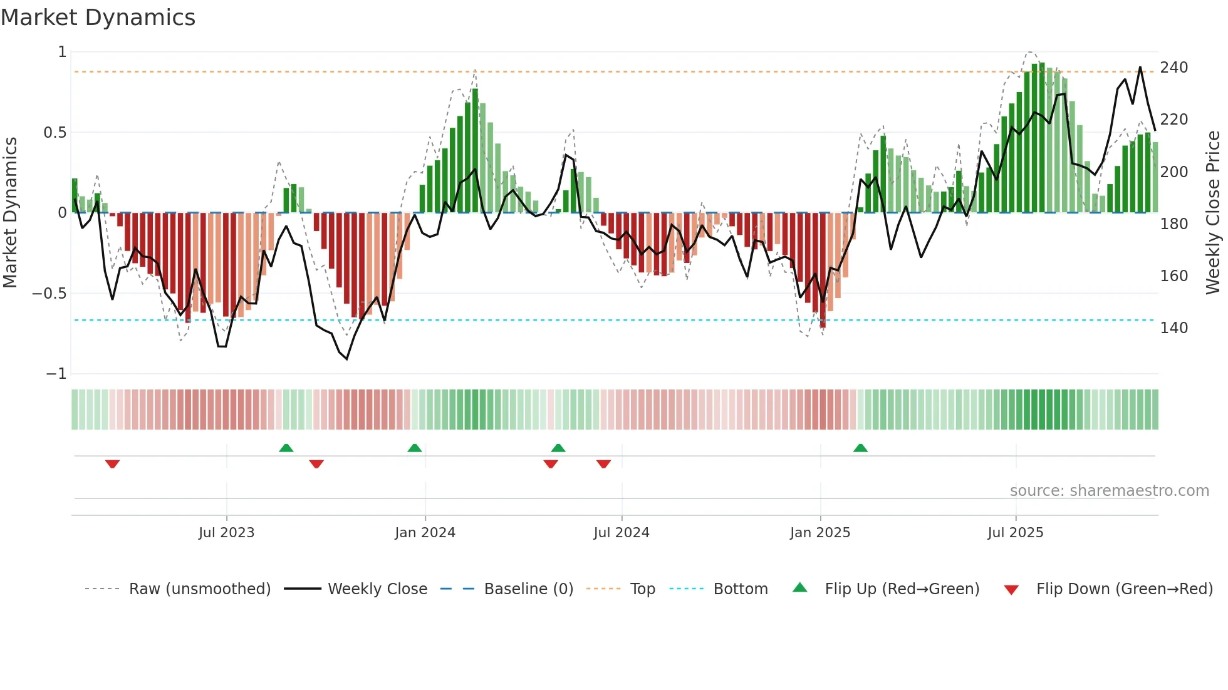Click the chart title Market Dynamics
98,18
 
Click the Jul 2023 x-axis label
226,533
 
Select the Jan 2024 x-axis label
425,533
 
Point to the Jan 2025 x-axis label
820,533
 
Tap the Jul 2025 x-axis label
1015,533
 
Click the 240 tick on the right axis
1173,68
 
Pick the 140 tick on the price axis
1173,328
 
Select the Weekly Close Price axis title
1213,213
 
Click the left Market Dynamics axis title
10,213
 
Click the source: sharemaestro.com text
1109,491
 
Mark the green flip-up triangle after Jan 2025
860,448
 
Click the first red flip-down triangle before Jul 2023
112,463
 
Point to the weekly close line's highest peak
1140,68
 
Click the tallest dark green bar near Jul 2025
1041,138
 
